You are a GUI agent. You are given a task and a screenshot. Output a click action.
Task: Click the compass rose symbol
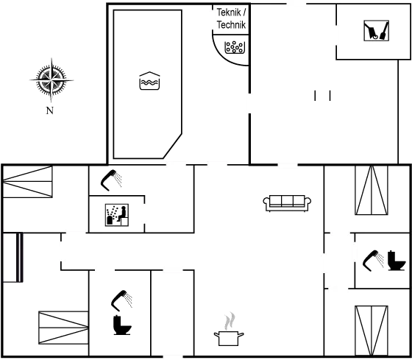coord(51,80)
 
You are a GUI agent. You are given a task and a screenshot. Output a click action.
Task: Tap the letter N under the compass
coord(50,110)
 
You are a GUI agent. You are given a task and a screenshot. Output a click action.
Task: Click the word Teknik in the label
coord(229,12)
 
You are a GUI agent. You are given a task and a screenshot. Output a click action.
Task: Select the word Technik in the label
coord(231,25)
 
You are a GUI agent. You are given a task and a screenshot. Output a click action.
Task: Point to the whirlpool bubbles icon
coord(235,47)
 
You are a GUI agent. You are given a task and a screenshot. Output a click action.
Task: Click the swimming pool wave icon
coord(149,81)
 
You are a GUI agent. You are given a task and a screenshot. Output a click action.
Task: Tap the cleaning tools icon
coord(376,31)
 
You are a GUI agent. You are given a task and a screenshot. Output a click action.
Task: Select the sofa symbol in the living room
coord(287,203)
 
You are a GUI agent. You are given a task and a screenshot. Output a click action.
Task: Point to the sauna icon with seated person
coord(117,215)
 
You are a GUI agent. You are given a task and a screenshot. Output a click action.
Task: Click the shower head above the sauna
coord(111,180)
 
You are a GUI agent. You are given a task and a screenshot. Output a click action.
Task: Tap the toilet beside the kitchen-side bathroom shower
coord(122,325)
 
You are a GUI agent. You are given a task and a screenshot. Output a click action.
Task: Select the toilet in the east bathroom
coord(397,261)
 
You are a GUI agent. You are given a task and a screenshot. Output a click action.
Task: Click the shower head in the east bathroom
coord(373,261)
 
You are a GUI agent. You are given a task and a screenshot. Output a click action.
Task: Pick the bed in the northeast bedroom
coord(372,190)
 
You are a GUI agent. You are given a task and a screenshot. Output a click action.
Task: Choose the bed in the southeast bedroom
coord(372,331)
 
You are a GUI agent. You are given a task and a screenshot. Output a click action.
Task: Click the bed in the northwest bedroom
coord(28,181)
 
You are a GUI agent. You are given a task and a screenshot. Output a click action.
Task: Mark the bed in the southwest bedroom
coord(63,328)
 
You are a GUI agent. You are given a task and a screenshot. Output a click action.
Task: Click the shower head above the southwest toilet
coord(121,300)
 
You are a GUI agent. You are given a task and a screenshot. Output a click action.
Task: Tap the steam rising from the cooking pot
coord(230,321)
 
